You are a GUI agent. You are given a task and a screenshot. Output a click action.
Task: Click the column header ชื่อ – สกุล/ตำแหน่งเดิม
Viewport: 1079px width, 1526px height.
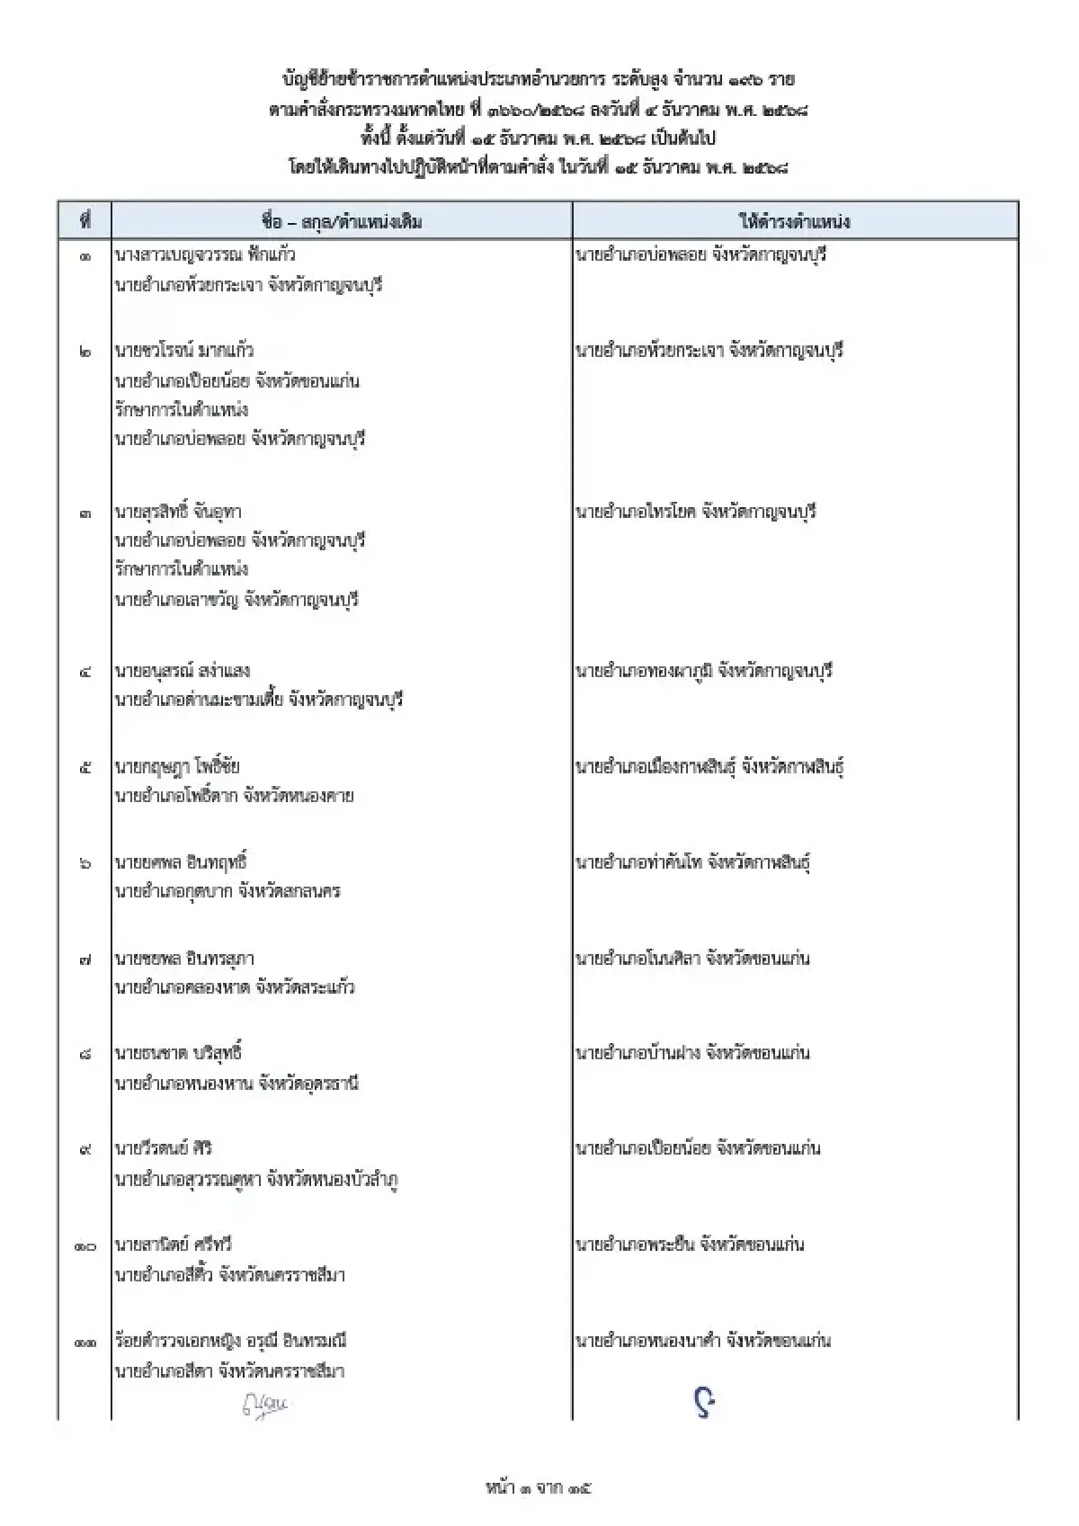pyautogui.click(x=342, y=221)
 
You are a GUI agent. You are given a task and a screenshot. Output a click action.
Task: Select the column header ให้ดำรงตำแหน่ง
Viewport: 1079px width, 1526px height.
pyautogui.click(x=794, y=221)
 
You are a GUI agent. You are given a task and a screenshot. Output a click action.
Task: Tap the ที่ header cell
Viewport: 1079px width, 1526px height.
pyautogui.click(x=85, y=221)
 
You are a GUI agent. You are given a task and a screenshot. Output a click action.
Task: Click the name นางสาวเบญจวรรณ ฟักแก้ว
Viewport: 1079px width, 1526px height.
pyautogui.click(x=205, y=254)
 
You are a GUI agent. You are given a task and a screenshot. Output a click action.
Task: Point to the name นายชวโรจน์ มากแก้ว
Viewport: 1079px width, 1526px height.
pyautogui.click(x=184, y=351)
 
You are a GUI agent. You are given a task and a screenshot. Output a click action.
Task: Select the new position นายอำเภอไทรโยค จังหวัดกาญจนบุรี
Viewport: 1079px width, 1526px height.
pyautogui.click(x=695, y=512)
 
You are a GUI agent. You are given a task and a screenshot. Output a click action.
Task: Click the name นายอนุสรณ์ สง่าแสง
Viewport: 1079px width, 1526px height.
pyautogui.click(x=182, y=671)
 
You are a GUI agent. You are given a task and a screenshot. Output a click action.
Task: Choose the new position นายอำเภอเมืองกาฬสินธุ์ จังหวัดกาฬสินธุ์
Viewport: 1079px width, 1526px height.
pyautogui.click(x=709, y=767)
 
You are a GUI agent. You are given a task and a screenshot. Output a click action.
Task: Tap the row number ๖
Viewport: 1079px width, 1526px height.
pyautogui.click(x=85, y=863)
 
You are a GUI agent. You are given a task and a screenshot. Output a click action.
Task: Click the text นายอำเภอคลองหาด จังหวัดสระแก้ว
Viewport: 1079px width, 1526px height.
pyautogui.click(x=234, y=987)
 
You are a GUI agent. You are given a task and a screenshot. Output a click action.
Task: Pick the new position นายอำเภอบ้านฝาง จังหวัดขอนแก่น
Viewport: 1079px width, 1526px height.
pyautogui.click(x=692, y=1052)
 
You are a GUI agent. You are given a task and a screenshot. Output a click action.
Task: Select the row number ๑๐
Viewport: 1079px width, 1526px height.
pyautogui.click(x=85, y=1246)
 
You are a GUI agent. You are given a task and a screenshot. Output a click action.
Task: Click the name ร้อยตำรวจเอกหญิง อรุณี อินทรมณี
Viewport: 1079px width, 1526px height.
pyautogui.click(x=230, y=1341)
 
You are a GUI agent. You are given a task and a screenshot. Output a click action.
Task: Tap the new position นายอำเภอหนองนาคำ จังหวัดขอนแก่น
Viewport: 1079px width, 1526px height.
pyautogui.click(x=703, y=1341)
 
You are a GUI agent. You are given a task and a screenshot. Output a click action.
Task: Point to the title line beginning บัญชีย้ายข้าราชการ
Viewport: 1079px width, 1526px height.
pyautogui.click(x=539, y=80)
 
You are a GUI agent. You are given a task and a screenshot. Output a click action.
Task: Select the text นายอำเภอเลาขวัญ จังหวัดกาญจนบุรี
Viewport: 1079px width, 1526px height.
pyautogui.click(x=236, y=599)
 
